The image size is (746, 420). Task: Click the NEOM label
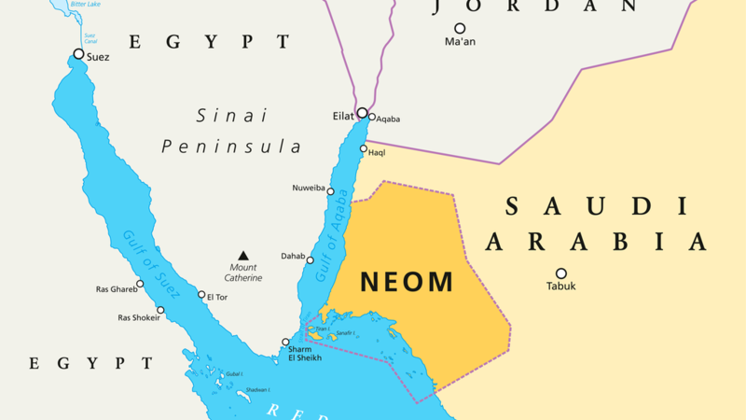pyautogui.click(x=408, y=282)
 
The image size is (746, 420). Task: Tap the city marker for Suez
pyautogui.click(x=78, y=54)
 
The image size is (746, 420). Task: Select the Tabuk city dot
pyautogui.click(x=561, y=273)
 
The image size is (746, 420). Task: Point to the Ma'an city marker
pyautogui.click(x=460, y=29)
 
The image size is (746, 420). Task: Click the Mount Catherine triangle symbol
pyautogui.click(x=243, y=255)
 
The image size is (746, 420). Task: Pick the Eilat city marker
pyautogui.click(x=362, y=113)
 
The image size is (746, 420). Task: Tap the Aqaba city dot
pyautogui.click(x=371, y=118)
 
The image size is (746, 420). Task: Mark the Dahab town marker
pyautogui.click(x=311, y=259)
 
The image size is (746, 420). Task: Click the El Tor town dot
pyautogui.click(x=201, y=295)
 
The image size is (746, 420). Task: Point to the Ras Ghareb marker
pyautogui.click(x=140, y=284)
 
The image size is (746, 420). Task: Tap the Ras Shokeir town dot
pyautogui.click(x=160, y=310)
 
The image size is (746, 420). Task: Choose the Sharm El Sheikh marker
pyautogui.click(x=285, y=342)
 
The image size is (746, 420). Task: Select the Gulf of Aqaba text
pyautogui.click(x=333, y=229)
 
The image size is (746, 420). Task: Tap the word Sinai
pyautogui.click(x=231, y=116)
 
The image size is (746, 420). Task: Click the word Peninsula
pyautogui.click(x=231, y=147)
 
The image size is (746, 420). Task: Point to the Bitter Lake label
pyautogui.click(x=86, y=5)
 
